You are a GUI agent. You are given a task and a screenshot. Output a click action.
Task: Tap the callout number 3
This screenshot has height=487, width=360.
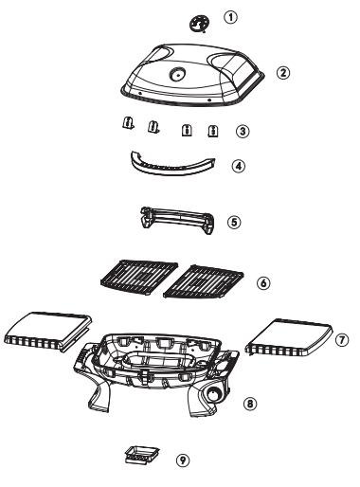[x=243, y=131]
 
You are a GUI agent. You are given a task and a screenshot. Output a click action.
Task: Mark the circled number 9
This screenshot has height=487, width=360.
[x=182, y=460]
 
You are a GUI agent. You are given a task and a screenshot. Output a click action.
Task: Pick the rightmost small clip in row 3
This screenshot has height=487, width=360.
[x=214, y=129]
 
